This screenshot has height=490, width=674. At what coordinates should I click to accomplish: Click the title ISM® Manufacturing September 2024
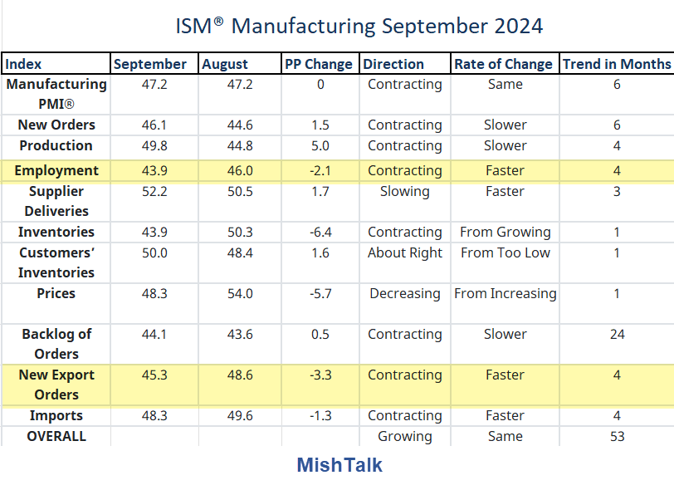click(359, 26)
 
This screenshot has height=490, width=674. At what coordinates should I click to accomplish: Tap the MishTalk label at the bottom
click(339, 465)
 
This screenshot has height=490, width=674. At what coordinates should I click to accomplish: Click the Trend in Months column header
click(616, 64)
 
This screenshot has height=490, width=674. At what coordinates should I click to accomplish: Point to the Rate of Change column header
click(503, 64)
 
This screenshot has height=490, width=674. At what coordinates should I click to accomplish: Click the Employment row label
click(56, 170)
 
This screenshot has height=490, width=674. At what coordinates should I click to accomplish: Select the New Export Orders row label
click(56, 385)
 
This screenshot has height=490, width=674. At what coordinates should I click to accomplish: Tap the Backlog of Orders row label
click(56, 344)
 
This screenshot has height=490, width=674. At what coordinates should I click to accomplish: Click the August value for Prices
click(239, 293)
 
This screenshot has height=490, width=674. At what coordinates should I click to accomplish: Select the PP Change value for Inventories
click(320, 232)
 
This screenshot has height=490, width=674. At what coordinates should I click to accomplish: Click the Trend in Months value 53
click(617, 436)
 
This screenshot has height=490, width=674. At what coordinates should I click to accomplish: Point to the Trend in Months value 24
click(617, 334)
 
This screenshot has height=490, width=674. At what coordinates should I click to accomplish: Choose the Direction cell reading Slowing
click(404, 191)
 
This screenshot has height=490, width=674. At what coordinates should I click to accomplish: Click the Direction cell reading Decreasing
click(404, 293)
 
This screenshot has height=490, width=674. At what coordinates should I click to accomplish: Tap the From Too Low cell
click(505, 252)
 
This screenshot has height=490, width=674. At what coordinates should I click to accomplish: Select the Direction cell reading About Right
click(404, 252)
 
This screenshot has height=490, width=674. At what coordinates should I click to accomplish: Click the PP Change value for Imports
click(320, 415)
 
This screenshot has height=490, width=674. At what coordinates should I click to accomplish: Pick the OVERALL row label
click(56, 436)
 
